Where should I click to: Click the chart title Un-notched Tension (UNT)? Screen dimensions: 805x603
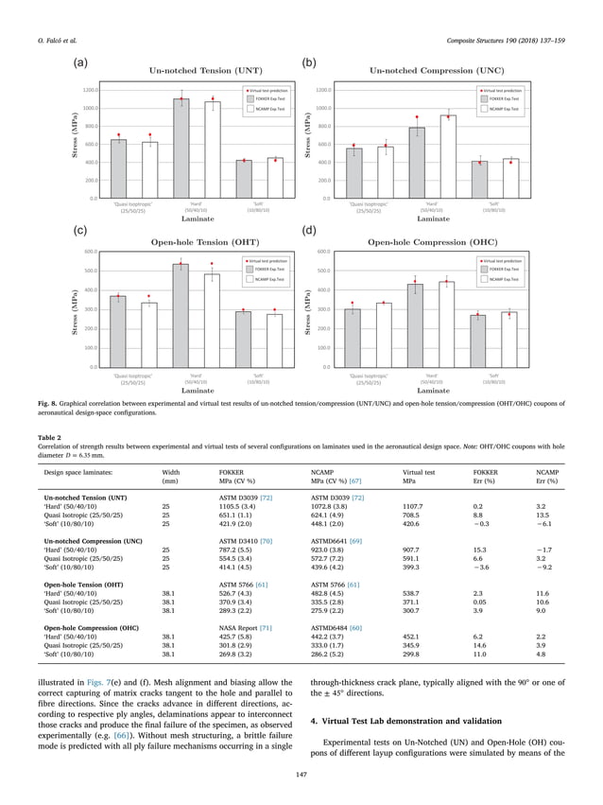pos(197,70)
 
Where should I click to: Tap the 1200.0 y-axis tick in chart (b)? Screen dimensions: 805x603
pos(324,91)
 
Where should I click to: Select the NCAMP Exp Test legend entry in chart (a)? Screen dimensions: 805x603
pos(266,108)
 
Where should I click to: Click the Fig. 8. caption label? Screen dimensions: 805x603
pos(52,402)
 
